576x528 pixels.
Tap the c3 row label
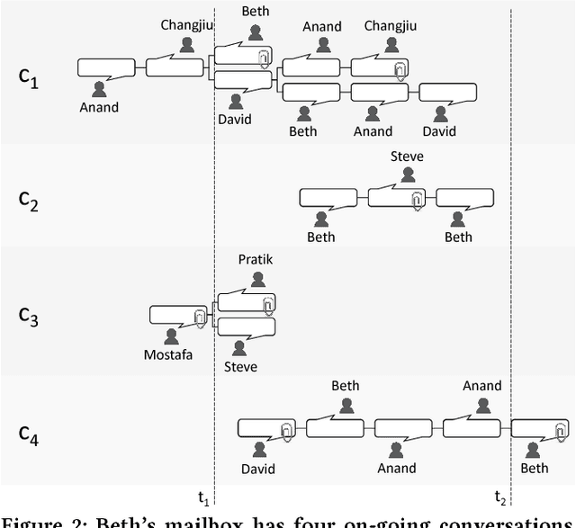[29, 316]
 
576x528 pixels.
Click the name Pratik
[255, 260]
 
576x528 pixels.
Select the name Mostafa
[169, 353]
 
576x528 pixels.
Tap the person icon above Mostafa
[170, 336]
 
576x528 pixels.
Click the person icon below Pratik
[257, 279]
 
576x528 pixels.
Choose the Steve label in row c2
[407, 157]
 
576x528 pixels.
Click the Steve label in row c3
[240, 366]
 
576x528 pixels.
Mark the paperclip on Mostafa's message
[199, 317]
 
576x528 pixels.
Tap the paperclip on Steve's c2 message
[417, 200]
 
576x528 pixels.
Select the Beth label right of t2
[535, 468]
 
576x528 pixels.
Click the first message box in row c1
[106, 67]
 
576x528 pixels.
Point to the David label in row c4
[258, 468]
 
